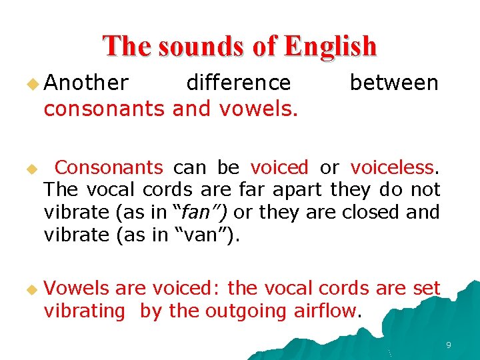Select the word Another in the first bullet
(x=86, y=83)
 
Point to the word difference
(x=239, y=83)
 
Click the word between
(x=394, y=83)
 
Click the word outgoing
(x=246, y=311)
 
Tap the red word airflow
(x=325, y=311)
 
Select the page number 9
(x=449, y=345)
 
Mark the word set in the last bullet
(x=427, y=288)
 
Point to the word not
(x=425, y=190)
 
